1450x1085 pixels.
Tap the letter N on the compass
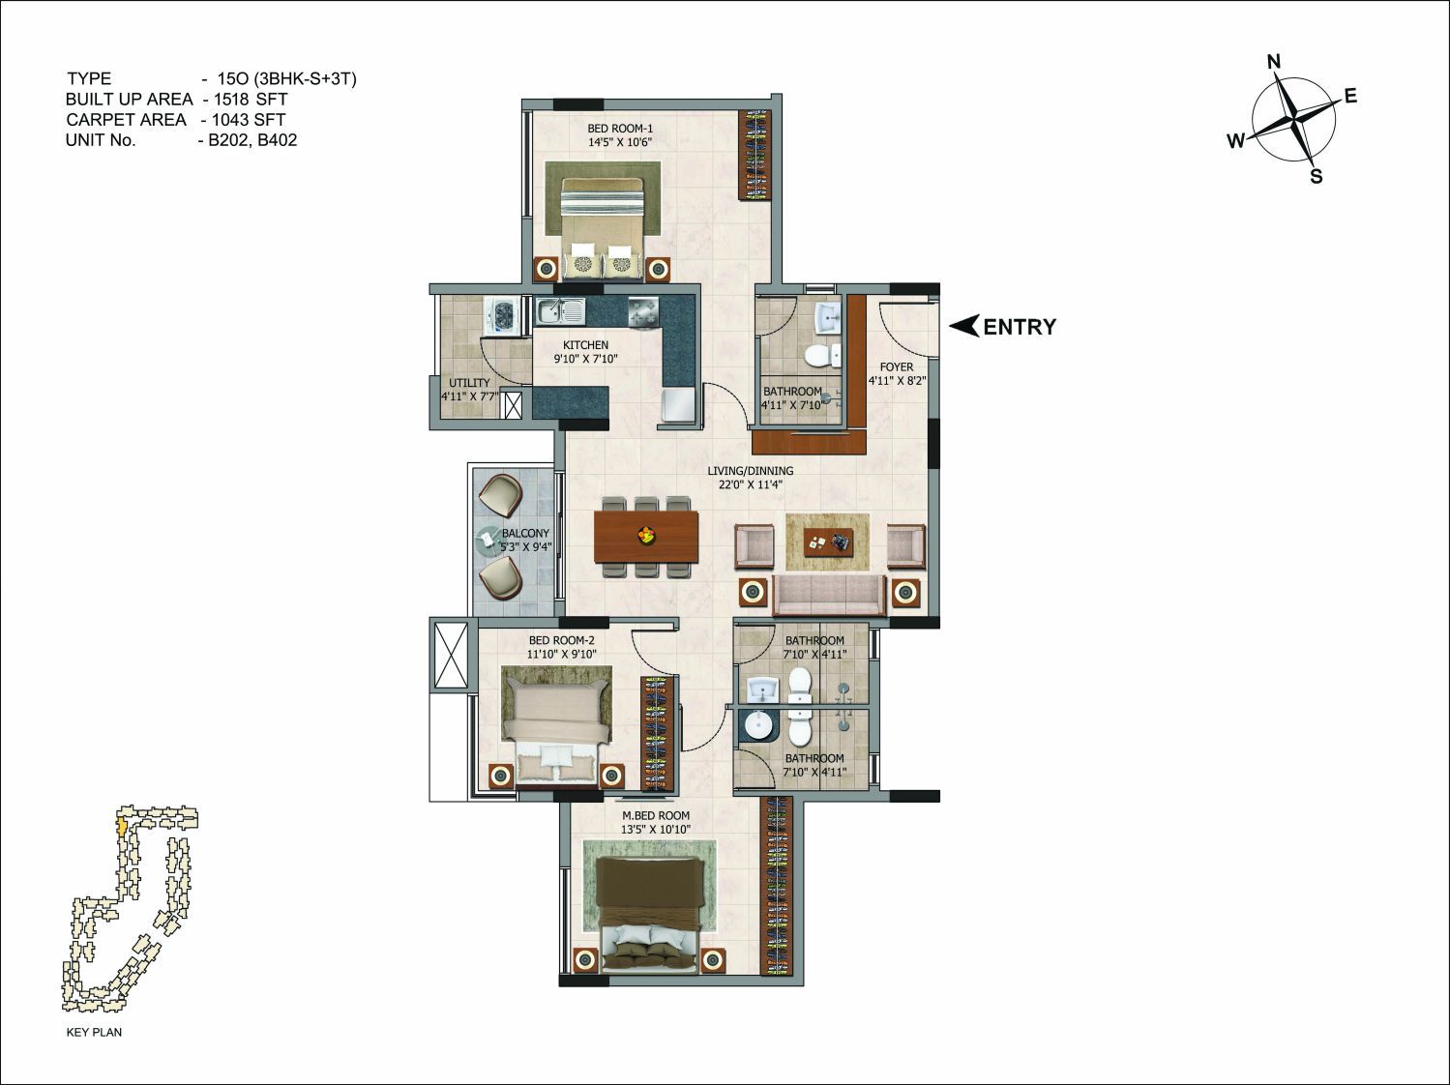[x=1274, y=62]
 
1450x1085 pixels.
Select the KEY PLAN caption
[x=94, y=1032]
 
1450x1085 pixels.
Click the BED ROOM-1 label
[x=620, y=129]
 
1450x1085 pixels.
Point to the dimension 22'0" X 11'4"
[x=751, y=484]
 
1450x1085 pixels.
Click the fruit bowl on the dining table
[x=645, y=534]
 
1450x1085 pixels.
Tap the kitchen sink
[x=559, y=311]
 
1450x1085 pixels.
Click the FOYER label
[x=897, y=367]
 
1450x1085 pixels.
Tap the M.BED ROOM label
[x=655, y=815]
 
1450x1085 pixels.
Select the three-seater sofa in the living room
[x=829, y=595]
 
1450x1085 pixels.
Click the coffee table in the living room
[x=828, y=542]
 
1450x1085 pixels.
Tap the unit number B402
[x=277, y=140]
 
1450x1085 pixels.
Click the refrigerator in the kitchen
[x=677, y=404]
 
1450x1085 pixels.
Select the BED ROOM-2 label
[x=561, y=640]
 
